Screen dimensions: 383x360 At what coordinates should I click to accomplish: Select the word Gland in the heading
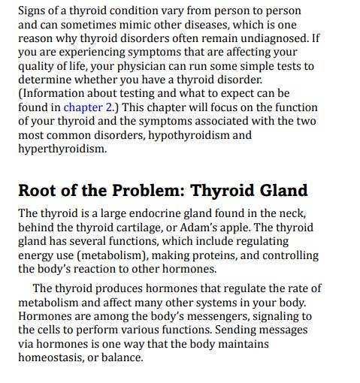pyautogui.click(x=280, y=191)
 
